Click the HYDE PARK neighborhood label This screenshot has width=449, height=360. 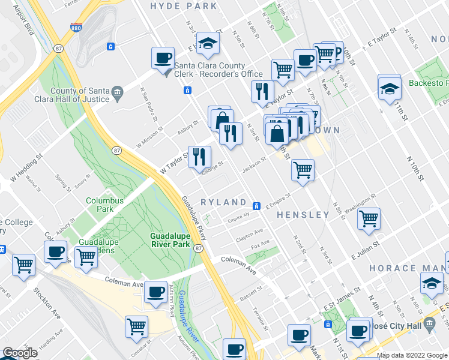(x=183, y=6)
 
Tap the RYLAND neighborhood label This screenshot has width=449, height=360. (x=223, y=203)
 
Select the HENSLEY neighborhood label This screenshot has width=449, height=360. (x=303, y=214)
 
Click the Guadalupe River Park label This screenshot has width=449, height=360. (x=170, y=241)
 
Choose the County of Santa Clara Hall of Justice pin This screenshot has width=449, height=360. (x=117, y=92)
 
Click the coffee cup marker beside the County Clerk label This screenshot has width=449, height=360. (x=163, y=59)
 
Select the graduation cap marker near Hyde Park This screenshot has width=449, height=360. (x=208, y=43)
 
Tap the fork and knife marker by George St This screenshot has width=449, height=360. (x=199, y=157)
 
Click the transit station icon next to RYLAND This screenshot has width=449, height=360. (x=256, y=206)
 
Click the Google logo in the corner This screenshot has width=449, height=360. (x=19, y=353)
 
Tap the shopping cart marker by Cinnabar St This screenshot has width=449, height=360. (x=136, y=326)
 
